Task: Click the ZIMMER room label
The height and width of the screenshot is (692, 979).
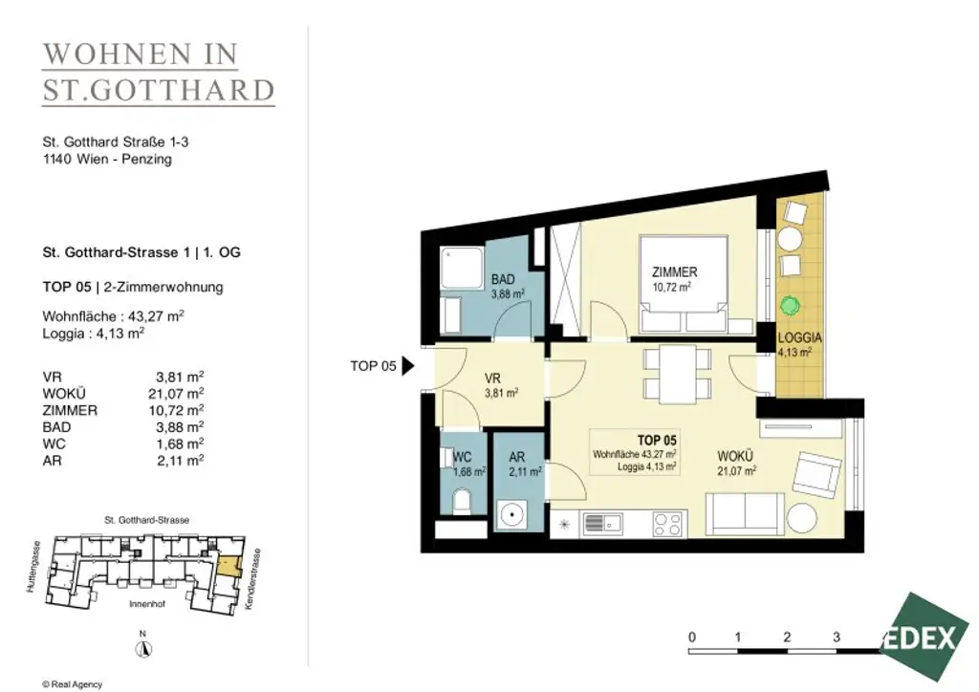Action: [x=675, y=272]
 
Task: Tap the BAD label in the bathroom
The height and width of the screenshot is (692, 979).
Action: [x=503, y=279]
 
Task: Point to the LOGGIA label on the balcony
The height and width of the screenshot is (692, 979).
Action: [x=799, y=338]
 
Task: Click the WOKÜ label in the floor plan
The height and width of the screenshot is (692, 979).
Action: [x=735, y=457]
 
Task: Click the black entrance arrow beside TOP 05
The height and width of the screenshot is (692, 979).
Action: [x=407, y=365]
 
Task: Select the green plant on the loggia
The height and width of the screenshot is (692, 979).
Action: [x=789, y=307]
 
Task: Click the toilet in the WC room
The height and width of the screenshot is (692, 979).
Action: [x=462, y=500]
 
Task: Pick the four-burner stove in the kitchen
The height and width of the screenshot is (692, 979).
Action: [x=666, y=523]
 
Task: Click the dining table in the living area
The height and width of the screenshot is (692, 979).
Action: [x=678, y=373]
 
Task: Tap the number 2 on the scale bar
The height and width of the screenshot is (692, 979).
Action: [x=786, y=637]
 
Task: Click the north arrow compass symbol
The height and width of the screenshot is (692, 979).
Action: [x=142, y=647]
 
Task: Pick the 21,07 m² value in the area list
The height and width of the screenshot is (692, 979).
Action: [x=179, y=393]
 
